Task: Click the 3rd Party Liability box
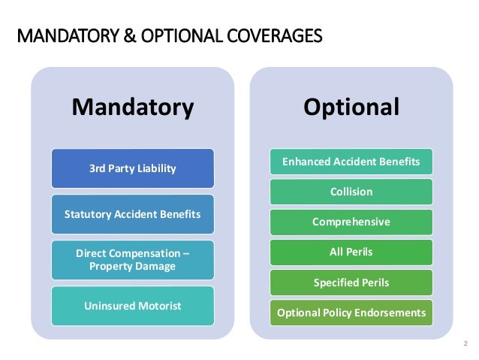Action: coord(132,168)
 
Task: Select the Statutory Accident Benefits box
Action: coord(132,214)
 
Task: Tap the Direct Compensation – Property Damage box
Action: coord(132,260)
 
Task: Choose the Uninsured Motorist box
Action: coord(132,306)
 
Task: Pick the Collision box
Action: coord(351,192)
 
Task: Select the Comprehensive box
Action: coord(351,222)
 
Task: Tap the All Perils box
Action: coord(351,253)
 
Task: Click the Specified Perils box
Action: coord(351,283)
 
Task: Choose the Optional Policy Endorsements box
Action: coord(351,313)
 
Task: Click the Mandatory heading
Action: coord(132,107)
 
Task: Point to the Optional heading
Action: coord(351,107)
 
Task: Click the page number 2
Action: coord(465,343)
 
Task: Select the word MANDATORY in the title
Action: coord(66,35)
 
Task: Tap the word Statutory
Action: coord(86,214)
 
